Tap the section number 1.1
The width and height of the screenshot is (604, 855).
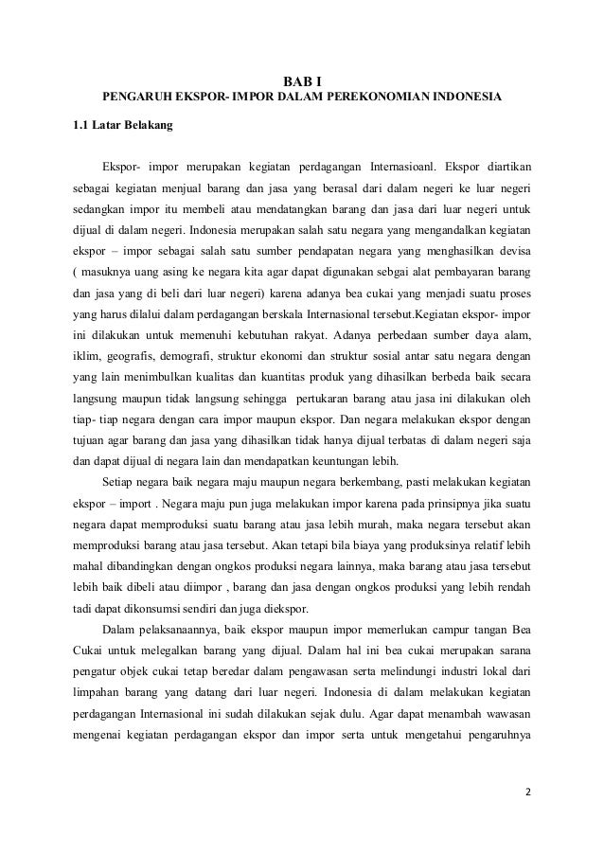83,124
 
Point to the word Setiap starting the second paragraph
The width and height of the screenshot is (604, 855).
123,487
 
